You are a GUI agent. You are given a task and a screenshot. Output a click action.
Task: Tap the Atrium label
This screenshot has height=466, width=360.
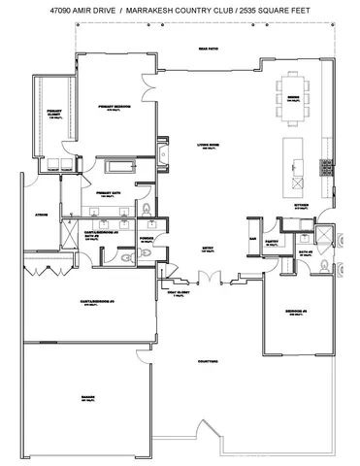coord(43,214)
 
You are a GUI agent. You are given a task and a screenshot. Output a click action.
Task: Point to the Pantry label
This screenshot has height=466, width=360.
coord(272,244)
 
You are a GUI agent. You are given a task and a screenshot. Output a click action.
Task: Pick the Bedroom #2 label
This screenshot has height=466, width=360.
coord(298,312)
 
